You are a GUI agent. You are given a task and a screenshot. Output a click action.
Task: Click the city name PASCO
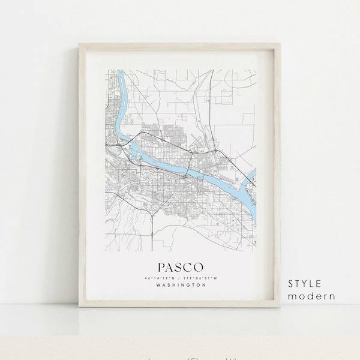[x=181, y=266]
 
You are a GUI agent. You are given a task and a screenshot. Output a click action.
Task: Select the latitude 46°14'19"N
[x=160, y=277]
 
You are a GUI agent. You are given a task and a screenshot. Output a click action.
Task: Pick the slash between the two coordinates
[x=181, y=277]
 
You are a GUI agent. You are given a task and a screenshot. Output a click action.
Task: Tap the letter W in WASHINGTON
[x=157, y=285]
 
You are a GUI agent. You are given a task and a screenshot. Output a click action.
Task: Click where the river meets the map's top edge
[x=118, y=71]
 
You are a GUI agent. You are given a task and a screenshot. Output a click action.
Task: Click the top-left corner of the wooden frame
[x=79, y=42]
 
